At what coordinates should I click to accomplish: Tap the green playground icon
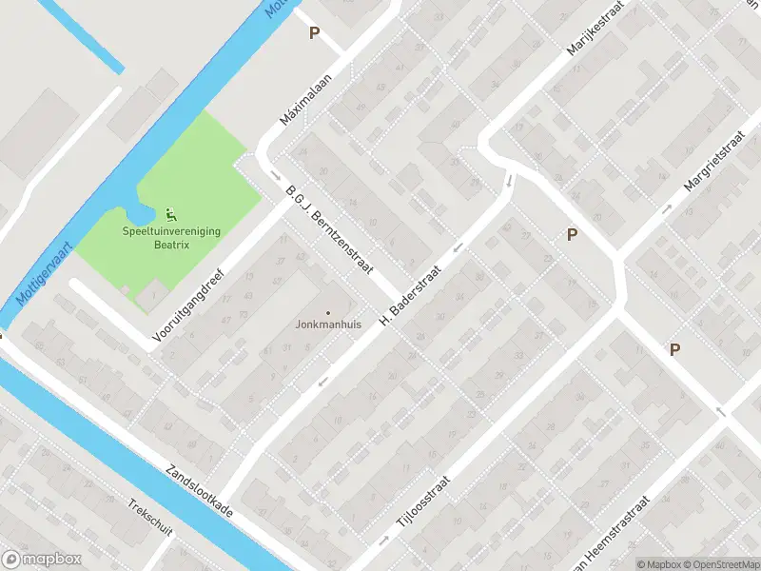[171, 213]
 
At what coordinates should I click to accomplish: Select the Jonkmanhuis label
[328, 325]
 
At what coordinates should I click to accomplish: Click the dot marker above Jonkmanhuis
[328, 312]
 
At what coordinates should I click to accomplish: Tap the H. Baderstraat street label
[411, 296]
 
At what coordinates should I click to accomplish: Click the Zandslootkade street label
[199, 491]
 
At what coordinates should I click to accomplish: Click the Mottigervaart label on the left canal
[45, 277]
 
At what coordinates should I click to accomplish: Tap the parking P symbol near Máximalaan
[314, 33]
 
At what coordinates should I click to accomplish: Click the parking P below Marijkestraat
[572, 235]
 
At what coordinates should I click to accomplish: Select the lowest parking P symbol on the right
[674, 349]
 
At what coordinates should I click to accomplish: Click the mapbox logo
[42, 560]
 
